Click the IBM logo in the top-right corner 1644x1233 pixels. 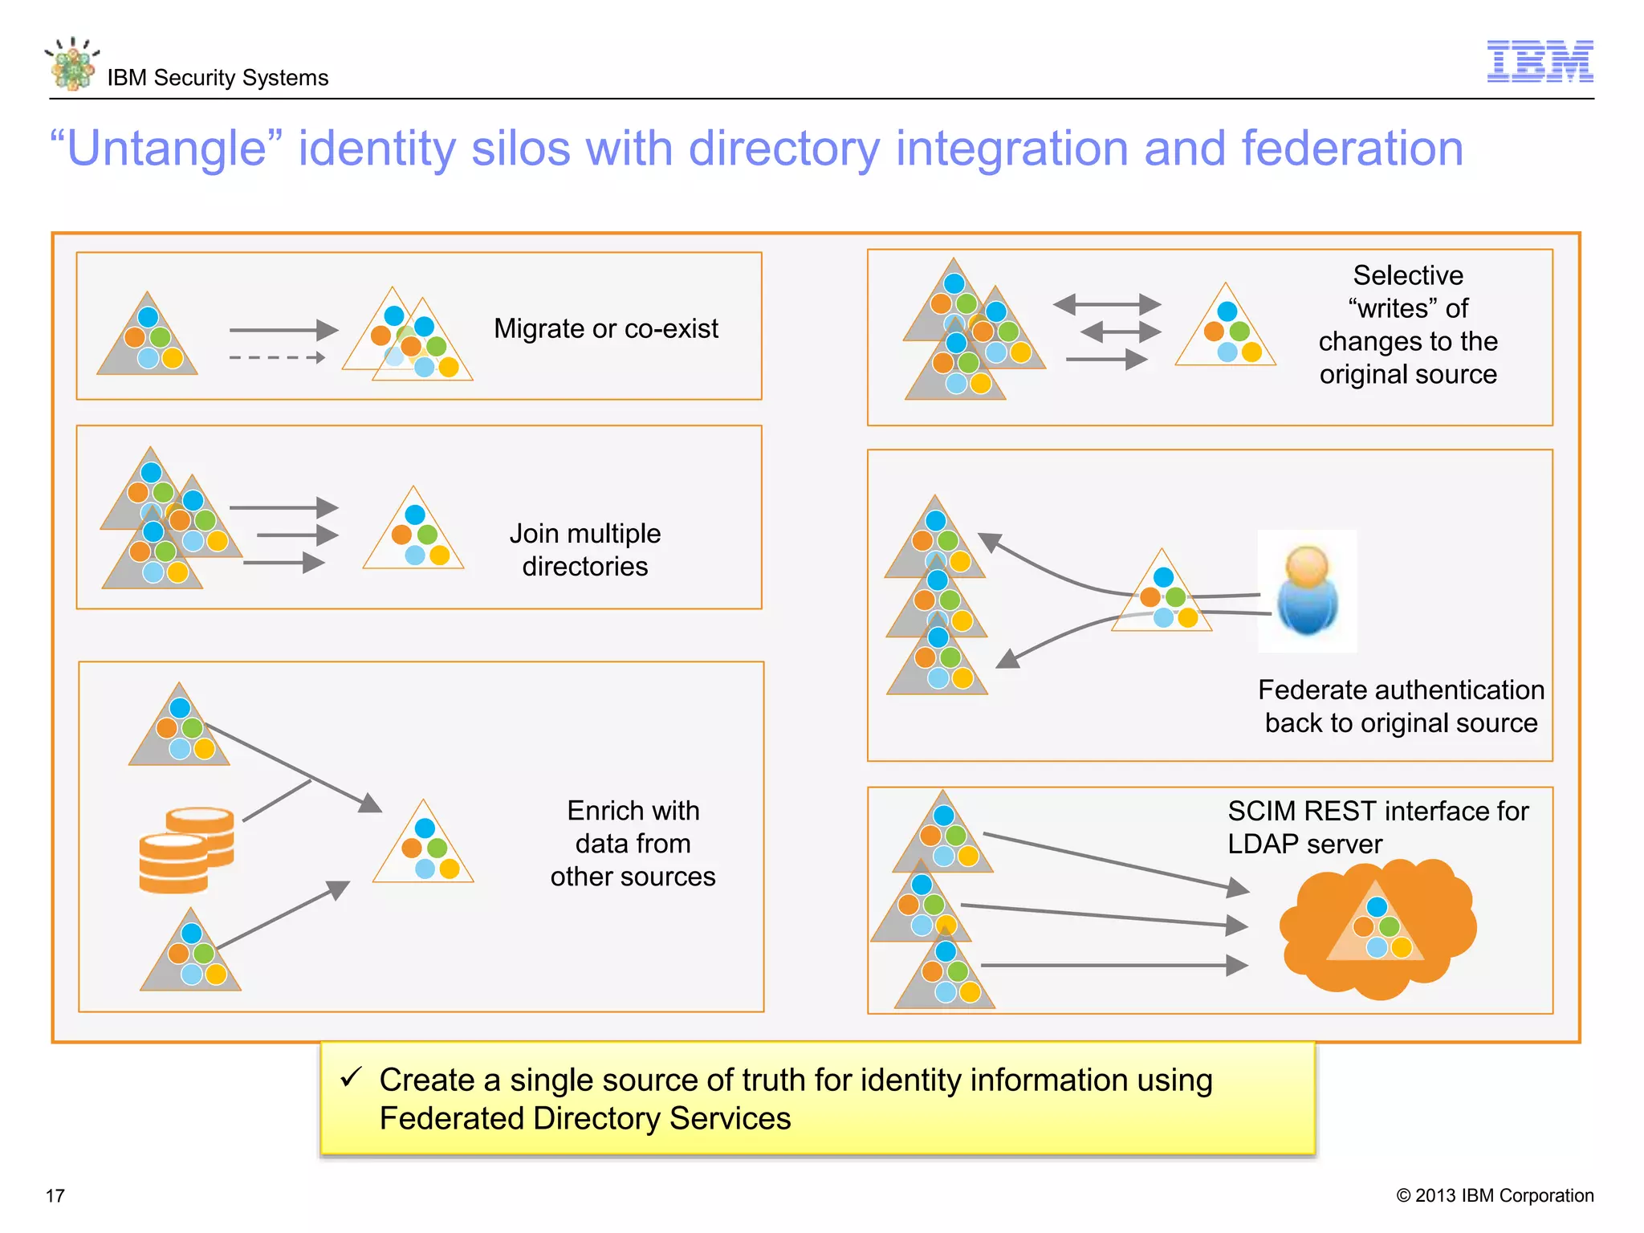[1540, 61]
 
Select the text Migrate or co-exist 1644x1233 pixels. [605, 328]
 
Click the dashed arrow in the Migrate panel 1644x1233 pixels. [277, 357]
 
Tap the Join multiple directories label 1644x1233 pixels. [584, 550]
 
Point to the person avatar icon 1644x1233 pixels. [1307, 591]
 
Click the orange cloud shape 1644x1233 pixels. [1377, 929]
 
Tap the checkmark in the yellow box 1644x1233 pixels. [352, 1077]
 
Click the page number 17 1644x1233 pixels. [55, 1195]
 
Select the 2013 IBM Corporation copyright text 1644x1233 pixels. [1495, 1195]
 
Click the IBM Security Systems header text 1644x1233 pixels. [218, 78]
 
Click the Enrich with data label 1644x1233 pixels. [633, 843]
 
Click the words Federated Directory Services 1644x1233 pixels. [584, 1118]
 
